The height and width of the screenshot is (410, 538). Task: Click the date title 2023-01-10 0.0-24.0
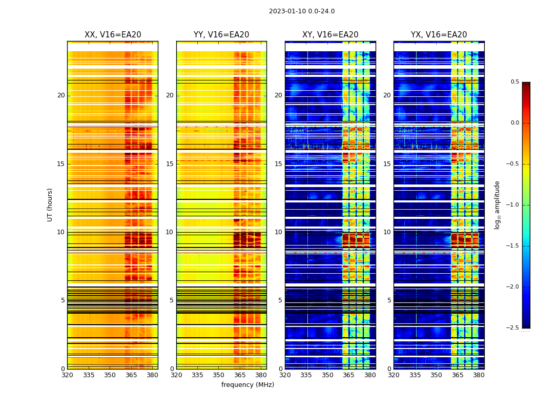click(302, 11)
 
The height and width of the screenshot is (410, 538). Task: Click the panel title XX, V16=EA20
click(113, 35)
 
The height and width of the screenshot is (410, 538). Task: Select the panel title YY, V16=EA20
click(221, 35)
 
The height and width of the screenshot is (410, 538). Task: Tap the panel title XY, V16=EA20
click(330, 35)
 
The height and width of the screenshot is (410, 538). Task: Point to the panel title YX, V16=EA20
click(439, 35)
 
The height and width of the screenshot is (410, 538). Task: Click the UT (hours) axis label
click(50, 204)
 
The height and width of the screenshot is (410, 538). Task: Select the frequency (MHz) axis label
click(247, 385)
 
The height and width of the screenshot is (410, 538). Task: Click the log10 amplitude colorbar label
click(496, 204)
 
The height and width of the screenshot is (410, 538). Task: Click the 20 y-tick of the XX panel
click(61, 95)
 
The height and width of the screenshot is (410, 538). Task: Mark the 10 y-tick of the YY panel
click(170, 232)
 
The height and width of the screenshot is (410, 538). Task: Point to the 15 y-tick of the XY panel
click(278, 164)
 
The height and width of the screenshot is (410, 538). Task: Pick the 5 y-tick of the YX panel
click(389, 300)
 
